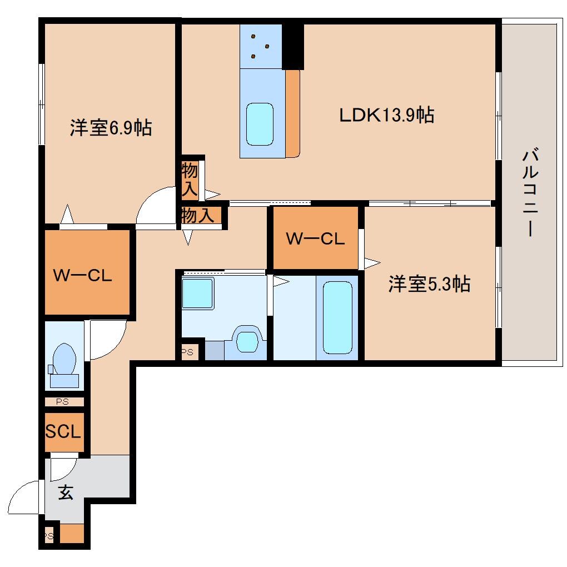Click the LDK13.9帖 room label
387,115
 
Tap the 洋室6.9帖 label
111,128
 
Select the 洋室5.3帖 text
429,284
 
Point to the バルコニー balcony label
530,192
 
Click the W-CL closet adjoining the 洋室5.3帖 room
315,238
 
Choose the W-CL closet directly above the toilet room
83,275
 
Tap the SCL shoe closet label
63,431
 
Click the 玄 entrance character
66,492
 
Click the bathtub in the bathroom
338,317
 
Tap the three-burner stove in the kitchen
260,46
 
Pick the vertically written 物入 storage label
190,180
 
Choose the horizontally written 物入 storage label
198,216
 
